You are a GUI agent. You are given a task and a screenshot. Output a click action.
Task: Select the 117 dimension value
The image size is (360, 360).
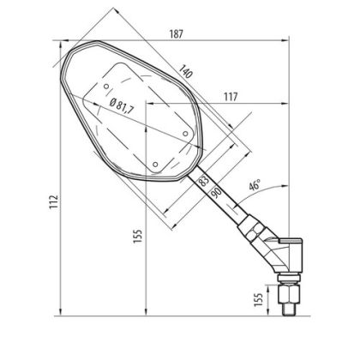point(229,96)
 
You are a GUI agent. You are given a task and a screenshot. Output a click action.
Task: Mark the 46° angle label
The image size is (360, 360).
point(255,184)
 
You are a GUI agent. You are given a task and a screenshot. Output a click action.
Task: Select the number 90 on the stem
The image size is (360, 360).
point(215,194)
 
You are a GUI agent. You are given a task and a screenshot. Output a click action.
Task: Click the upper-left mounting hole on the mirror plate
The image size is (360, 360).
point(105,86)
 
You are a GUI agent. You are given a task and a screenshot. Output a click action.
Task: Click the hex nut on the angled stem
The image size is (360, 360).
point(249,229)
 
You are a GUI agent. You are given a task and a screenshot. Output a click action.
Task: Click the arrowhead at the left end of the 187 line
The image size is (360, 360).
point(61,40)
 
